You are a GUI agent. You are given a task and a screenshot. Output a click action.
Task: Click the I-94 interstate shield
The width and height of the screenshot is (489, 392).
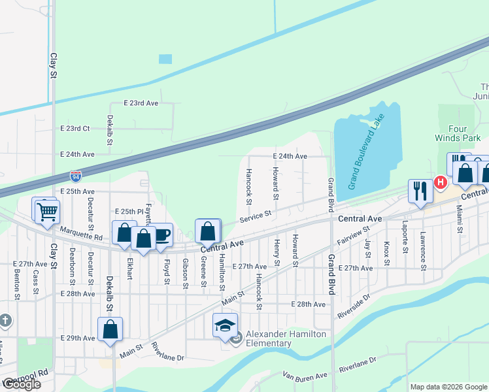pyautogui.click(x=77, y=176)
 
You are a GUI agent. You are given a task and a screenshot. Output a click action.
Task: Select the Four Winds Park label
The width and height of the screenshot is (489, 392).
pyautogui.click(x=458, y=133)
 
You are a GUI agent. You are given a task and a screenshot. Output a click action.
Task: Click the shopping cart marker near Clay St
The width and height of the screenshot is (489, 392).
pyautogui.click(x=47, y=211)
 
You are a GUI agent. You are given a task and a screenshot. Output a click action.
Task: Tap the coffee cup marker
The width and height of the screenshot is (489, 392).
pyautogui.click(x=161, y=235)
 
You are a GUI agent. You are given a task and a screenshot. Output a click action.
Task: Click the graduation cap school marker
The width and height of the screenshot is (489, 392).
pyautogui.click(x=225, y=325)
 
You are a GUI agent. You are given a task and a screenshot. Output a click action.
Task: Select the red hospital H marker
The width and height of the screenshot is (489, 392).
pyautogui.click(x=441, y=182)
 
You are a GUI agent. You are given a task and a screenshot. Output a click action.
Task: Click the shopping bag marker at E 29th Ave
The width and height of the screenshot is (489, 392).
pyautogui.click(x=110, y=330)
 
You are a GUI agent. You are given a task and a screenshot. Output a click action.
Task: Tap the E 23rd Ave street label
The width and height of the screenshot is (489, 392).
pyautogui.click(x=141, y=103)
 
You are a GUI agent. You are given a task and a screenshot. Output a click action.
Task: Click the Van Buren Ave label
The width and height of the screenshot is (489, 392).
pyautogui.click(x=305, y=376)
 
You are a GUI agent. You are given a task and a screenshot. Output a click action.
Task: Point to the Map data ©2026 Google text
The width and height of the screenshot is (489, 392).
pyautogui.click(x=448, y=387)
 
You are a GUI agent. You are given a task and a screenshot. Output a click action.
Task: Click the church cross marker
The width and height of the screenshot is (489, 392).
pyautogui.click(x=5, y=321)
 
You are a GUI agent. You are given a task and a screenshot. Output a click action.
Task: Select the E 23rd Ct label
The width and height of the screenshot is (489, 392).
pyautogui.click(x=75, y=129)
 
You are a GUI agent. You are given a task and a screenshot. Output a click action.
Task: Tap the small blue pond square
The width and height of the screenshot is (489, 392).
pyautogui.click(x=165, y=59)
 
